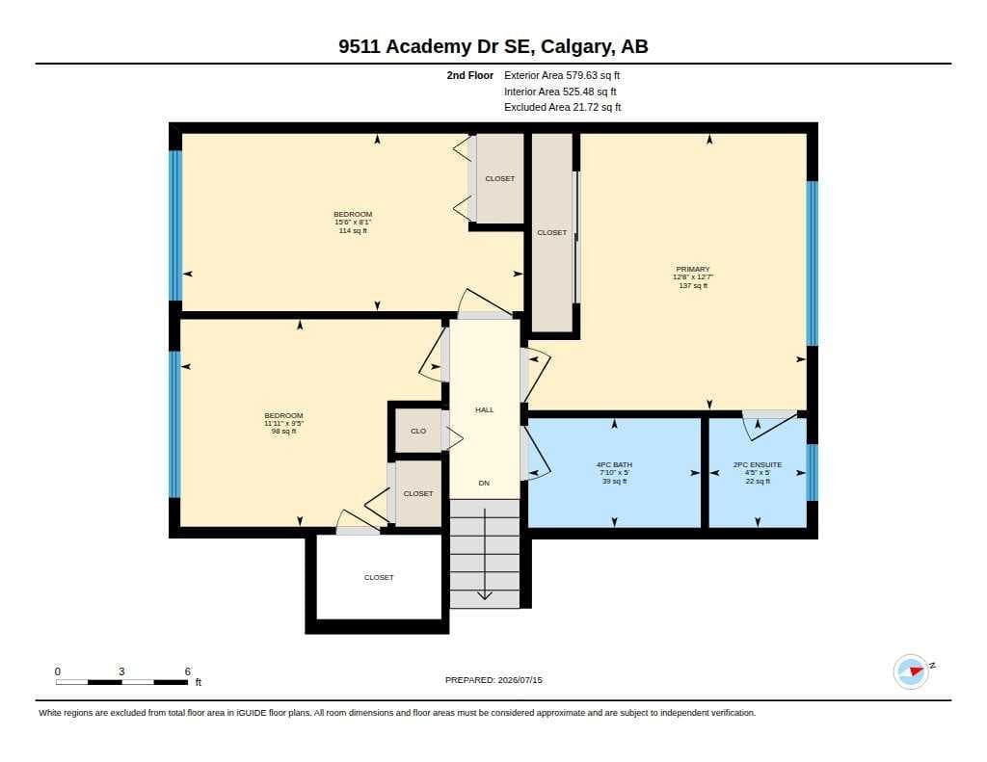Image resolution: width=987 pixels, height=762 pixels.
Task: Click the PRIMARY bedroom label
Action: click(x=692, y=270)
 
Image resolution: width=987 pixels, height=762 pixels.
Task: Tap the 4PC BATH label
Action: click(x=614, y=465)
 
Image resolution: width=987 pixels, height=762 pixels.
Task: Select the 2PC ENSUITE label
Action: click(x=758, y=465)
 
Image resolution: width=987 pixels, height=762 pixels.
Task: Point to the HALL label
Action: click(x=484, y=409)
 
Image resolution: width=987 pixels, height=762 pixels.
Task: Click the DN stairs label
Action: click(x=484, y=484)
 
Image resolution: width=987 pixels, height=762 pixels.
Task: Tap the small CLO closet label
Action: click(x=418, y=431)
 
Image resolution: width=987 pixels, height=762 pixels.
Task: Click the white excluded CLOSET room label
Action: click(x=379, y=578)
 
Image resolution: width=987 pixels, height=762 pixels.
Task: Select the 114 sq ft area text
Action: click(x=353, y=231)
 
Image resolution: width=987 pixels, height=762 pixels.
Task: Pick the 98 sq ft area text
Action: click(x=283, y=432)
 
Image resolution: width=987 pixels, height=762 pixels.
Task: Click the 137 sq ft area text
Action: click(x=693, y=286)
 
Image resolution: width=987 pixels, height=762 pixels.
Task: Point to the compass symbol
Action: click(x=912, y=671)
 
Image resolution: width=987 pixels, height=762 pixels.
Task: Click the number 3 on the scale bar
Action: click(x=121, y=671)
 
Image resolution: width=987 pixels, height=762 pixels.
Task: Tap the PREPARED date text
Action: click(x=493, y=680)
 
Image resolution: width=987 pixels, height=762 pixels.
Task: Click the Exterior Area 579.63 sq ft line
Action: click(x=562, y=75)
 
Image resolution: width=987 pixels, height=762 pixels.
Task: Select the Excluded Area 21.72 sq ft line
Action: click(x=563, y=108)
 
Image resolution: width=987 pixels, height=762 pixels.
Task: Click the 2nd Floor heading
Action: click(x=470, y=75)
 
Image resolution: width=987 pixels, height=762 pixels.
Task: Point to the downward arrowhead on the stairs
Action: click(x=484, y=594)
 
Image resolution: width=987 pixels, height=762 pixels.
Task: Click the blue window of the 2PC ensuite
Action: click(x=812, y=473)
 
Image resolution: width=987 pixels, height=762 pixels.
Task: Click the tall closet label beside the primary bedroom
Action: click(x=552, y=233)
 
